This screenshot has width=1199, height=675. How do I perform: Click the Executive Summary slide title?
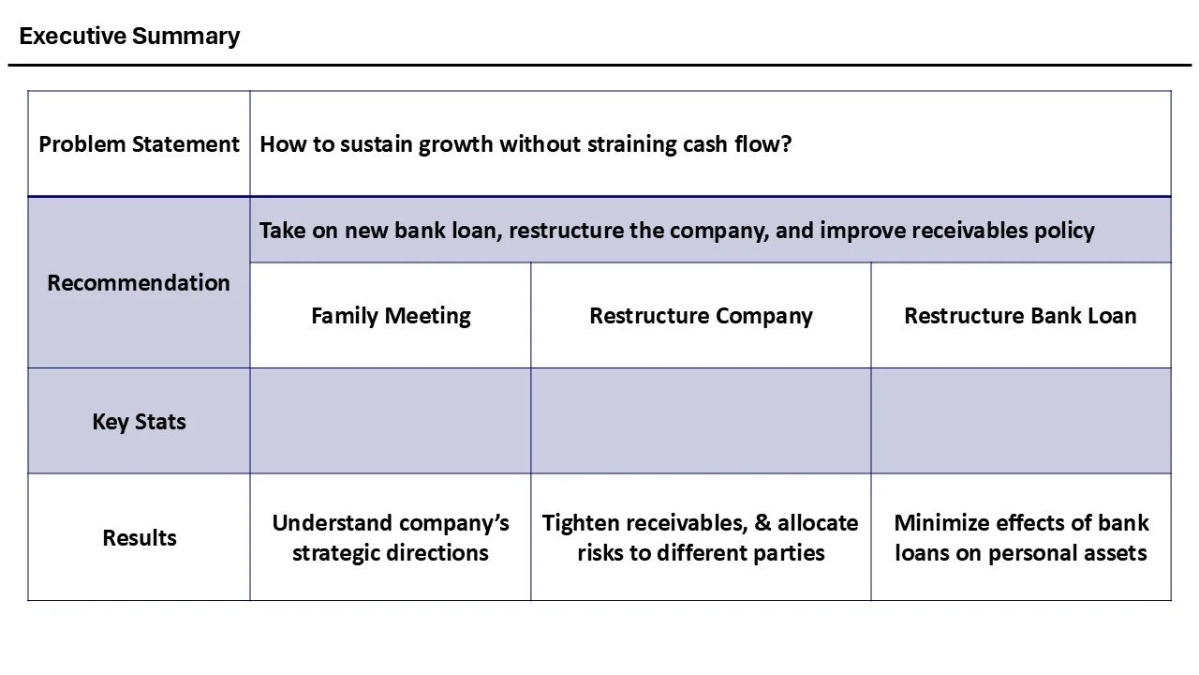pos(129,37)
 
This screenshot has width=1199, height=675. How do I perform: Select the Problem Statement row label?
pos(139,144)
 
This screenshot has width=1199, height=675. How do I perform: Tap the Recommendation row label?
pos(139,282)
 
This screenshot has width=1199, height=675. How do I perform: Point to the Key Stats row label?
pos(139,421)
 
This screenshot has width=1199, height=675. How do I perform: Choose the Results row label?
pos(139,537)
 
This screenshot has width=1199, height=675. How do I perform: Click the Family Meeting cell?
pos(391,315)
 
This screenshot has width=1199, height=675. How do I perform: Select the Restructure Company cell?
pos(701,315)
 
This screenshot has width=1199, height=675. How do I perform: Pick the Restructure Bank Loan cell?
pos(1020,315)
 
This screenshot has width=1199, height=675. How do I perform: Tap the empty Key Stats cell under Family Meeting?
pos(391,421)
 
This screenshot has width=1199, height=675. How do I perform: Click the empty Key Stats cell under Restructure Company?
pos(701,421)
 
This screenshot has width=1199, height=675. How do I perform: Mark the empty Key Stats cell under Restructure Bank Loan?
pos(1020,421)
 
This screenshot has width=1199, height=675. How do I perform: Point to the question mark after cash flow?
pos(786,144)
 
